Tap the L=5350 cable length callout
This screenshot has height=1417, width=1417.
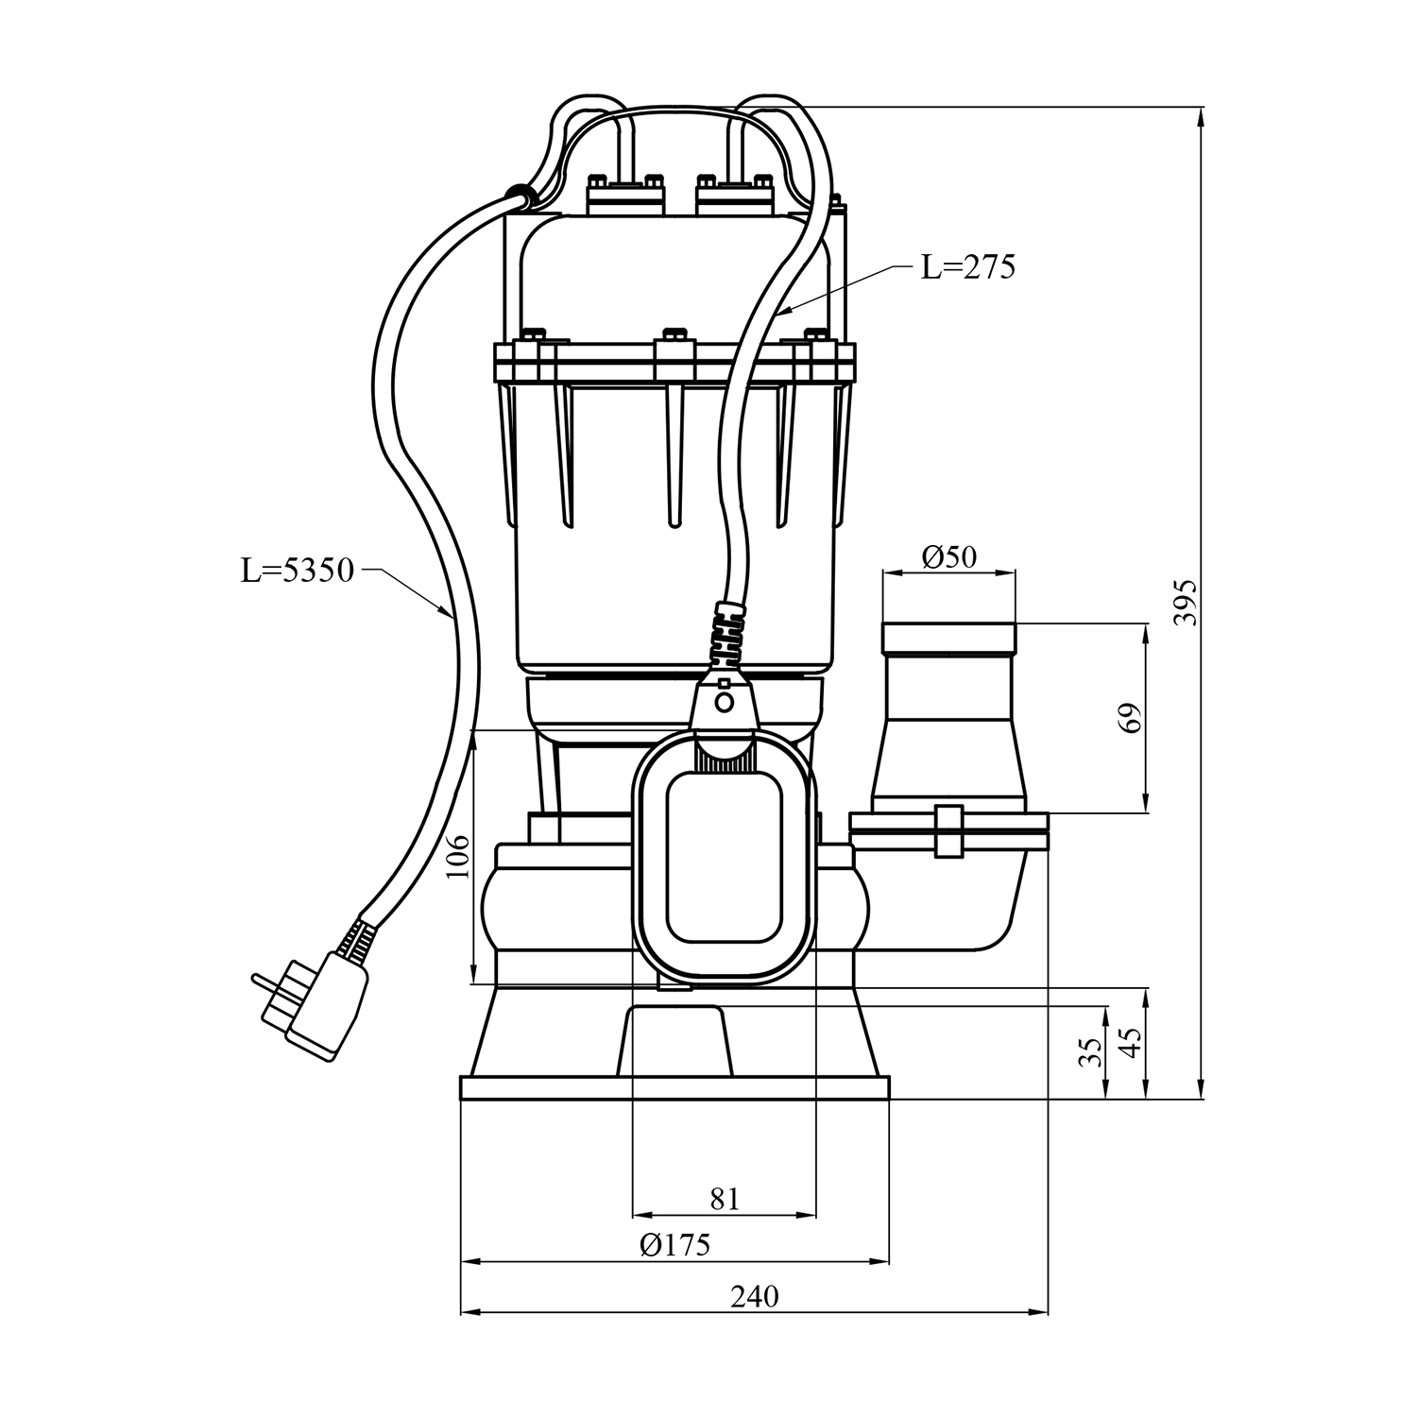[297, 571]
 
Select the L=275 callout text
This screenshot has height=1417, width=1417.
[967, 268]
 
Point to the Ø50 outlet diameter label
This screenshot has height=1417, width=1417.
[948, 557]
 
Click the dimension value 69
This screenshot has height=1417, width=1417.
[1132, 717]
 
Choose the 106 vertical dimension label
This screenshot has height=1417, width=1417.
[458, 856]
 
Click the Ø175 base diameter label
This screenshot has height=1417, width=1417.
[674, 1245]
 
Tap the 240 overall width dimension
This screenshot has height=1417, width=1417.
[754, 1296]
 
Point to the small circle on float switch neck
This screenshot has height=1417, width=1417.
[725, 702]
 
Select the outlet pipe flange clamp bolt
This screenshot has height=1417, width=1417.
[948, 831]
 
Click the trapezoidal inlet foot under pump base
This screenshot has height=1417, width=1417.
[675, 1041]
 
